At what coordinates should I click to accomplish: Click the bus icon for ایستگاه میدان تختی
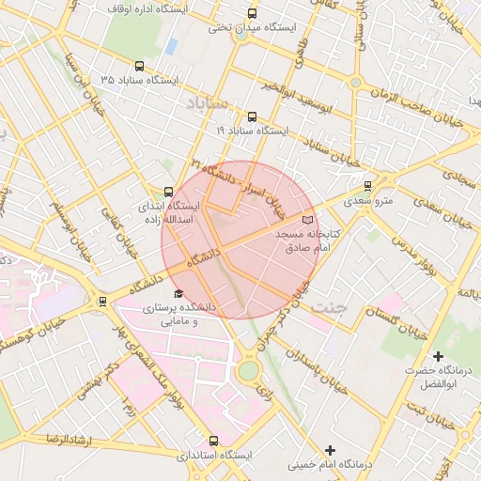pos(251,13)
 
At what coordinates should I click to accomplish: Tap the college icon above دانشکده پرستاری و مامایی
pos(178,294)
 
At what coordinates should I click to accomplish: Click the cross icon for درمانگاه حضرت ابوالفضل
pos(438,356)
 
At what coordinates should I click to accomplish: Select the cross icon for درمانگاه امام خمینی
pos(330,450)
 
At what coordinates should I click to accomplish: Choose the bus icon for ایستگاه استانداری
pos(213,440)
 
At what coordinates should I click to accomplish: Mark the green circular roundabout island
pos(249,371)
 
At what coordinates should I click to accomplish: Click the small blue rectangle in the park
pos(171,45)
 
